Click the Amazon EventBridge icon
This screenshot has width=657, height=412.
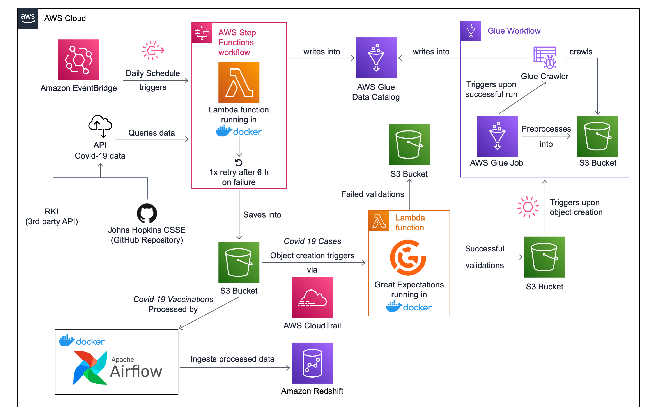(x=79, y=60)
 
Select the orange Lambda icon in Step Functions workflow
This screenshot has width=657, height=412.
(x=239, y=83)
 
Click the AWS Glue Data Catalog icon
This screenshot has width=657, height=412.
(x=376, y=58)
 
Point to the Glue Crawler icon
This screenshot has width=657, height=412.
(x=545, y=57)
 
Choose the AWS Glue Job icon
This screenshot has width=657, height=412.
(x=497, y=136)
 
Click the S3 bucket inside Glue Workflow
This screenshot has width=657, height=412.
(x=598, y=136)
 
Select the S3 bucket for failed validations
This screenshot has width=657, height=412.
(x=409, y=144)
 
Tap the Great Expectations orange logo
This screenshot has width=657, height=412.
(x=408, y=257)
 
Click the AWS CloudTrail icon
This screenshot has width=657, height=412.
(x=312, y=298)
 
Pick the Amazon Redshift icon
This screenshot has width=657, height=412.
(x=312, y=363)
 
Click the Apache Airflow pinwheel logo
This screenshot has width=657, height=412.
(x=90, y=367)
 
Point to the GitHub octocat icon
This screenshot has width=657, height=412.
(x=147, y=213)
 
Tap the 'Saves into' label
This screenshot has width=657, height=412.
(x=262, y=215)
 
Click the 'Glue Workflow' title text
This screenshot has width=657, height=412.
(x=514, y=31)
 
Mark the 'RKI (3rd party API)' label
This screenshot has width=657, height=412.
(x=51, y=216)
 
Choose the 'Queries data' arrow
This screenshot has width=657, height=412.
(x=152, y=139)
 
